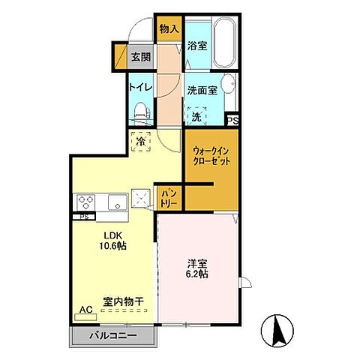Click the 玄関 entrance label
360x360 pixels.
click(x=140, y=57)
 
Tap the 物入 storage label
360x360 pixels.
click(x=169, y=28)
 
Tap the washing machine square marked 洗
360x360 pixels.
click(x=195, y=115)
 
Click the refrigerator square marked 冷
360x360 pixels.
click(x=141, y=140)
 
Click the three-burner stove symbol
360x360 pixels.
click(x=84, y=202)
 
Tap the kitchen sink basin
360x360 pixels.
click(x=116, y=202)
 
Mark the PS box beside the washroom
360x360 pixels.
click(x=232, y=118)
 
